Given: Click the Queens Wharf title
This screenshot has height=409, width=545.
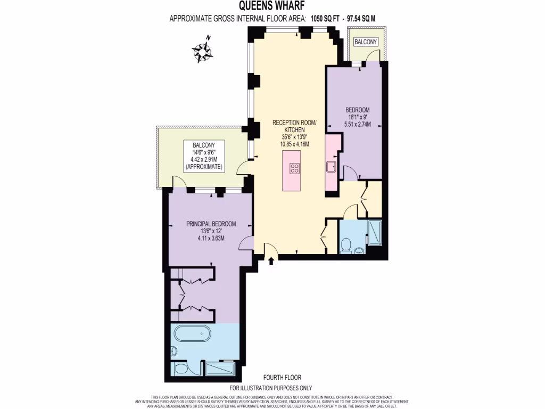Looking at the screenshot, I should (272, 6).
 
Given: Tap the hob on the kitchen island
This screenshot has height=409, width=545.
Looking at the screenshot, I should (294, 169).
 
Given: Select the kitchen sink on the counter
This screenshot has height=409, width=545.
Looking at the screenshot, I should (331, 166).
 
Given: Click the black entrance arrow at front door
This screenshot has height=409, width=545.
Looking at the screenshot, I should (272, 261).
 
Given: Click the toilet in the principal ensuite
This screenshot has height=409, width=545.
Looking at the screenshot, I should (180, 369).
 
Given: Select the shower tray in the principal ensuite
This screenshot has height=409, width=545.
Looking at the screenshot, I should (219, 369).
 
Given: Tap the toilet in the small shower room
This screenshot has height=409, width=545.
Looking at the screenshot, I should (346, 246).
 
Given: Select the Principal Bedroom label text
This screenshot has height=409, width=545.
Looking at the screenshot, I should (211, 224).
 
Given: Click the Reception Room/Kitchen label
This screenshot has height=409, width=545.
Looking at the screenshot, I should (294, 126).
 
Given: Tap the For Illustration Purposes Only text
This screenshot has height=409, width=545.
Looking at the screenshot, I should (270, 388).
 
